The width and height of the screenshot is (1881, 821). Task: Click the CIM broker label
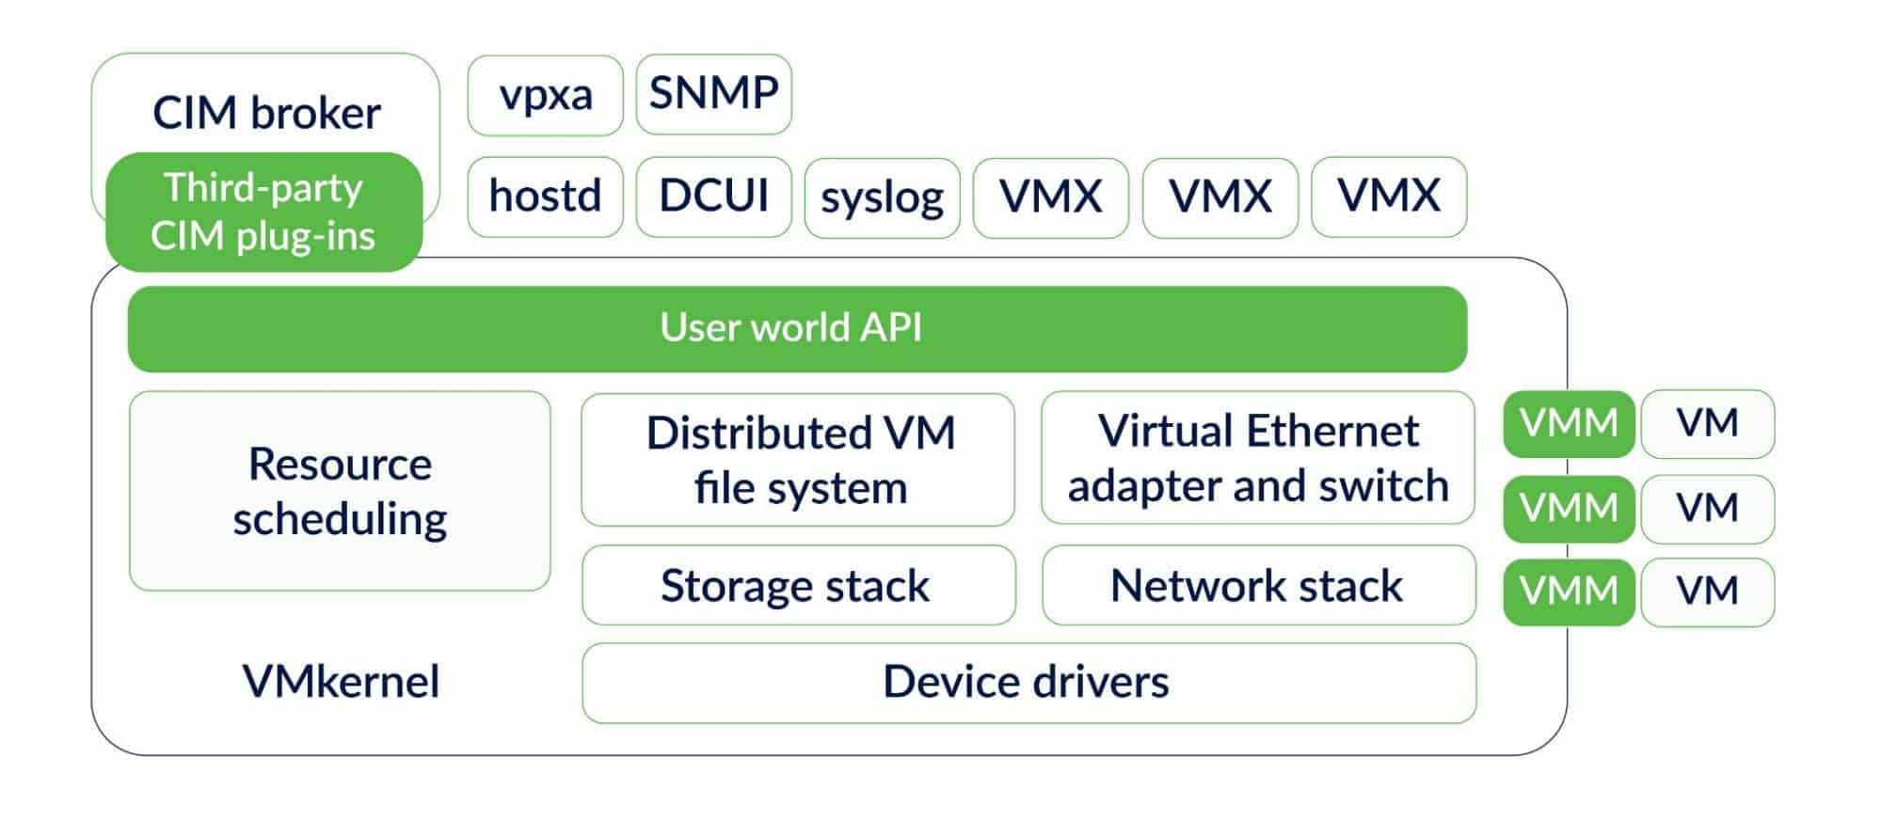pos(266,113)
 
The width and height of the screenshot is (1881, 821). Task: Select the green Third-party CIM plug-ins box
pos(263,212)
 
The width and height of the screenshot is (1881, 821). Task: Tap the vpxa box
pos(545,95)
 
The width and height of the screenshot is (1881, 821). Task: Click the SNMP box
pos(713,94)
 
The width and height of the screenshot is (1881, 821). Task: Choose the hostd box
pos(545,197)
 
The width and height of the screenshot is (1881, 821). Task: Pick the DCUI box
pos(713,197)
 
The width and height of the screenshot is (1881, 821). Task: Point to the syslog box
pos(882,197)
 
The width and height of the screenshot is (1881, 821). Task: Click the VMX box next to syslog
pos(1050,197)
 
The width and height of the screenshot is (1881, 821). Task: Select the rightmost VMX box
pos(1388,197)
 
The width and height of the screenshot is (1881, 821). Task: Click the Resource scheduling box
pos(340,491)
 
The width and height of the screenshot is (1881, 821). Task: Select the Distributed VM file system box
pos(798,460)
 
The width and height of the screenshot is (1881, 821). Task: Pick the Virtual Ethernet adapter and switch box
pos(1257,458)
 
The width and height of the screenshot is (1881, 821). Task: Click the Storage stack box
pos(798,585)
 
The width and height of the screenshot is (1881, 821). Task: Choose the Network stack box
pos(1258,585)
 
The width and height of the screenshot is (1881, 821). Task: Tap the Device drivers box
pos(1028,683)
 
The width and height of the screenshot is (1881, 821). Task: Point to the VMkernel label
pos(341,682)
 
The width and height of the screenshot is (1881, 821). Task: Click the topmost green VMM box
pos(1568,424)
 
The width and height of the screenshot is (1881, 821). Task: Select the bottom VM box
pos(1707,592)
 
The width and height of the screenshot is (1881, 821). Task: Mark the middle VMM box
pos(1568,509)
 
